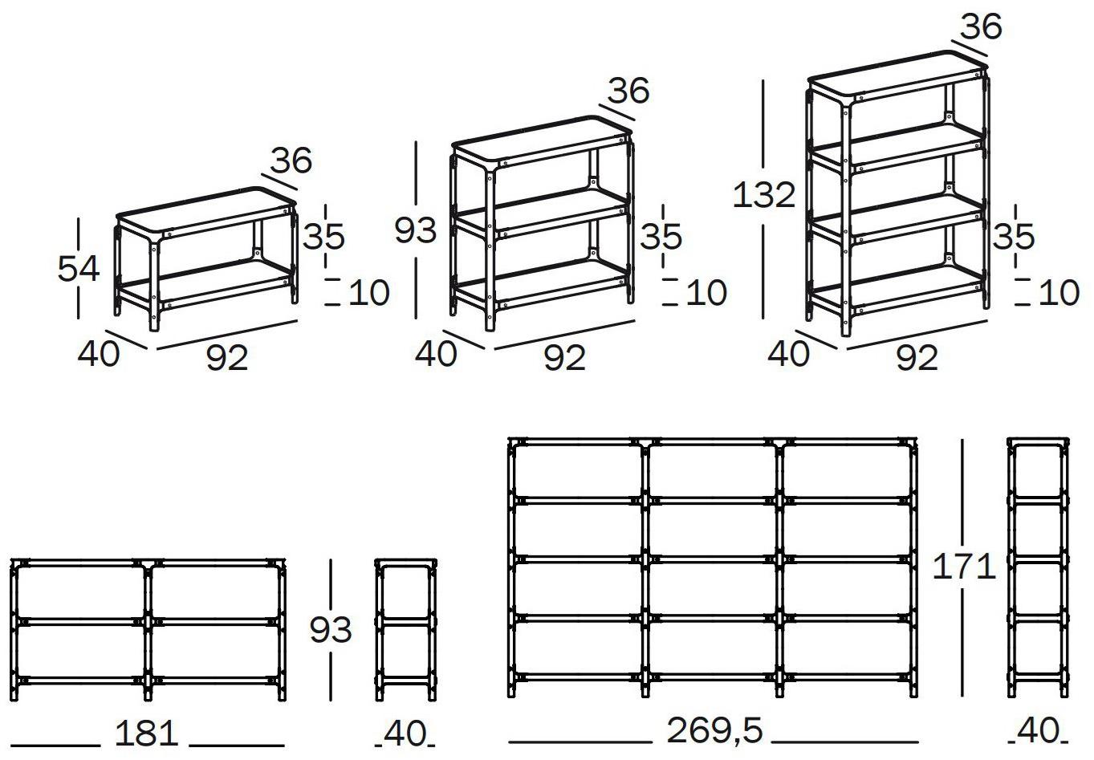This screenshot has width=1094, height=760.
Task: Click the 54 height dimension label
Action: pos(79,269)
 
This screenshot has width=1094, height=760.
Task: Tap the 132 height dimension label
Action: pos(764,195)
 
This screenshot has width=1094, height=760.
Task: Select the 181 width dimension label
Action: pos(146,734)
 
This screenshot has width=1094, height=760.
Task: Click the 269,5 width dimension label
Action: pos(714,730)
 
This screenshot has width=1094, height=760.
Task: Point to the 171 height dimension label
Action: pos(964,567)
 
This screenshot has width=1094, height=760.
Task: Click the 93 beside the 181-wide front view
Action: pos(331,630)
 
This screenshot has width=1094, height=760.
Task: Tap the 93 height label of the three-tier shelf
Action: pos(415,230)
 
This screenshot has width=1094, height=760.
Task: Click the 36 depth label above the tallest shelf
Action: pos(981,26)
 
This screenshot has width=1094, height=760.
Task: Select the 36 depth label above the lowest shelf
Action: pos(291,161)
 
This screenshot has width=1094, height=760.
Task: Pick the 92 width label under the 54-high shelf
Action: pos(227,358)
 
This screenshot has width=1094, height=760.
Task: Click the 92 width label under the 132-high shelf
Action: pos(917,358)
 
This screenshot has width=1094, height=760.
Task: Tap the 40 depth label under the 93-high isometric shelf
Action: pos(436,354)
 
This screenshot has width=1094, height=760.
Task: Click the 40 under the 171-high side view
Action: pos(1037,732)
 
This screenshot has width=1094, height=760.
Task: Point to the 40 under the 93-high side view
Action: pos(405,734)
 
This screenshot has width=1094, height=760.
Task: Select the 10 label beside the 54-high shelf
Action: pos(368,293)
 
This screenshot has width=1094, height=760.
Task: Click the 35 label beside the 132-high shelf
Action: pos(1014,237)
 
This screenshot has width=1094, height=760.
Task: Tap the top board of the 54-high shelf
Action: pos(206,209)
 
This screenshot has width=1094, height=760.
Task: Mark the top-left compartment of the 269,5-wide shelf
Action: pos(577,471)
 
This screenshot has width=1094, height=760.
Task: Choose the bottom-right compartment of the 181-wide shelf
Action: pos(216,652)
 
